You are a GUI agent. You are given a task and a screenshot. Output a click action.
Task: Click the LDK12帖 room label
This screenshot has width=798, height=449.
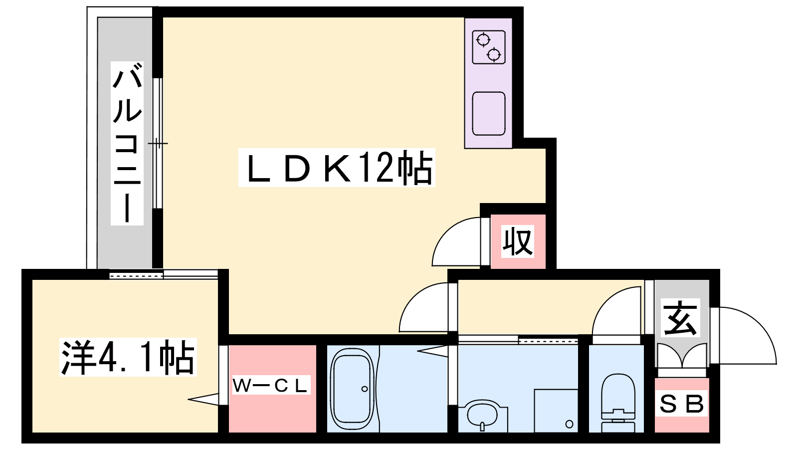pyautogui.click(x=337, y=168)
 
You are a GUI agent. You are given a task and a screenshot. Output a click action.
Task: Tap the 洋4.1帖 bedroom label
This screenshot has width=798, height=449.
pyautogui.click(x=128, y=357)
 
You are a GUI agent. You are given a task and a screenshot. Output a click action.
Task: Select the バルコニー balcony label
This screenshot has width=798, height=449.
pyautogui.click(x=127, y=143)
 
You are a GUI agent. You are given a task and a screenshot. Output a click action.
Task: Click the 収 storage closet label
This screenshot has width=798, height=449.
pyautogui.click(x=518, y=241)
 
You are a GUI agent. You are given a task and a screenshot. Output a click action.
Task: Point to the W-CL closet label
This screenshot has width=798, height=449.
pyautogui.click(x=271, y=385)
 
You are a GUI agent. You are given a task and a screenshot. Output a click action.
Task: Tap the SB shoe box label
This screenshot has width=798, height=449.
pyautogui.click(x=681, y=404)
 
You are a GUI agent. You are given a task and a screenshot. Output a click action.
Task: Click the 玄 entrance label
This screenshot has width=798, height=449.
pyautogui.click(x=681, y=318)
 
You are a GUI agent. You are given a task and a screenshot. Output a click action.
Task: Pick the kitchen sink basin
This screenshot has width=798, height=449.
pyautogui.click(x=489, y=113)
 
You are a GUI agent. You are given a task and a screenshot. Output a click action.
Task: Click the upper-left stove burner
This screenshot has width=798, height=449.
pyautogui.click(x=483, y=39)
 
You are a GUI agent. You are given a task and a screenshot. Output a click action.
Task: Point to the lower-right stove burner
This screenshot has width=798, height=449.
pyautogui.click(x=494, y=55)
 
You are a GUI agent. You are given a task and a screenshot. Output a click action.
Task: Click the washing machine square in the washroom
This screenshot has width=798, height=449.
pyautogui.click(x=556, y=411)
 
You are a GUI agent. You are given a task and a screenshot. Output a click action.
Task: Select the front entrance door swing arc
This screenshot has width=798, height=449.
pyautogui.click(x=746, y=335)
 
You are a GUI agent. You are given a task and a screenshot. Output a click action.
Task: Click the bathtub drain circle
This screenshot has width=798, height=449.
pyautogui.click(x=365, y=389)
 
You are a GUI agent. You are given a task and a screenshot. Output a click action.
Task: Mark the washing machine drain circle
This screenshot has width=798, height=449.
pyautogui.click(x=569, y=424)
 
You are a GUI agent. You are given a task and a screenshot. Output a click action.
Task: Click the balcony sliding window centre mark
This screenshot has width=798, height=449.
pyautogui.click(x=158, y=144)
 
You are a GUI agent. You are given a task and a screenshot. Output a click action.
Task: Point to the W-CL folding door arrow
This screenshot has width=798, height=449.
pyautogui.click(x=203, y=399)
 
